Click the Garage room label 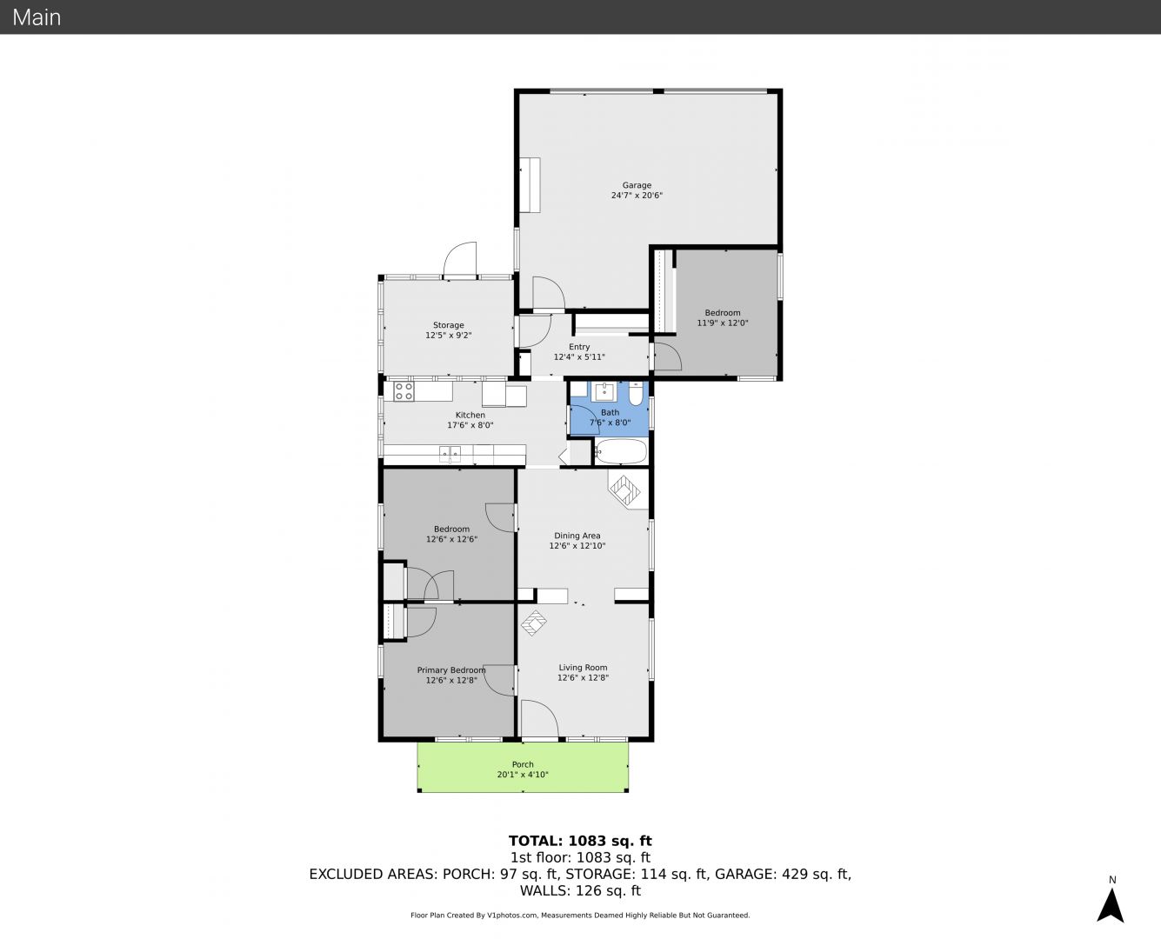(x=637, y=185)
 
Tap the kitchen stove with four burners (x=404, y=391)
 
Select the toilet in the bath (x=636, y=393)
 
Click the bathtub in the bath (x=621, y=452)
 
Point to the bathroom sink (x=604, y=391)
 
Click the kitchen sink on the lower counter (x=450, y=454)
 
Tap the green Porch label (x=523, y=764)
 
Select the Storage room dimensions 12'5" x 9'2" (x=448, y=335)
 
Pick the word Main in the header (x=37, y=17)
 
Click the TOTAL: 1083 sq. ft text (x=580, y=841)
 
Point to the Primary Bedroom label (x=450, y=670)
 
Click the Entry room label (x=579, y=347)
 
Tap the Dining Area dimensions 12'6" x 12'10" (x=577, y=545)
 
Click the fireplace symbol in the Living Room (x=534, y=623)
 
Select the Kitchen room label (x=470, y=415)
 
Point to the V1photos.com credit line (x=580, y=915)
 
